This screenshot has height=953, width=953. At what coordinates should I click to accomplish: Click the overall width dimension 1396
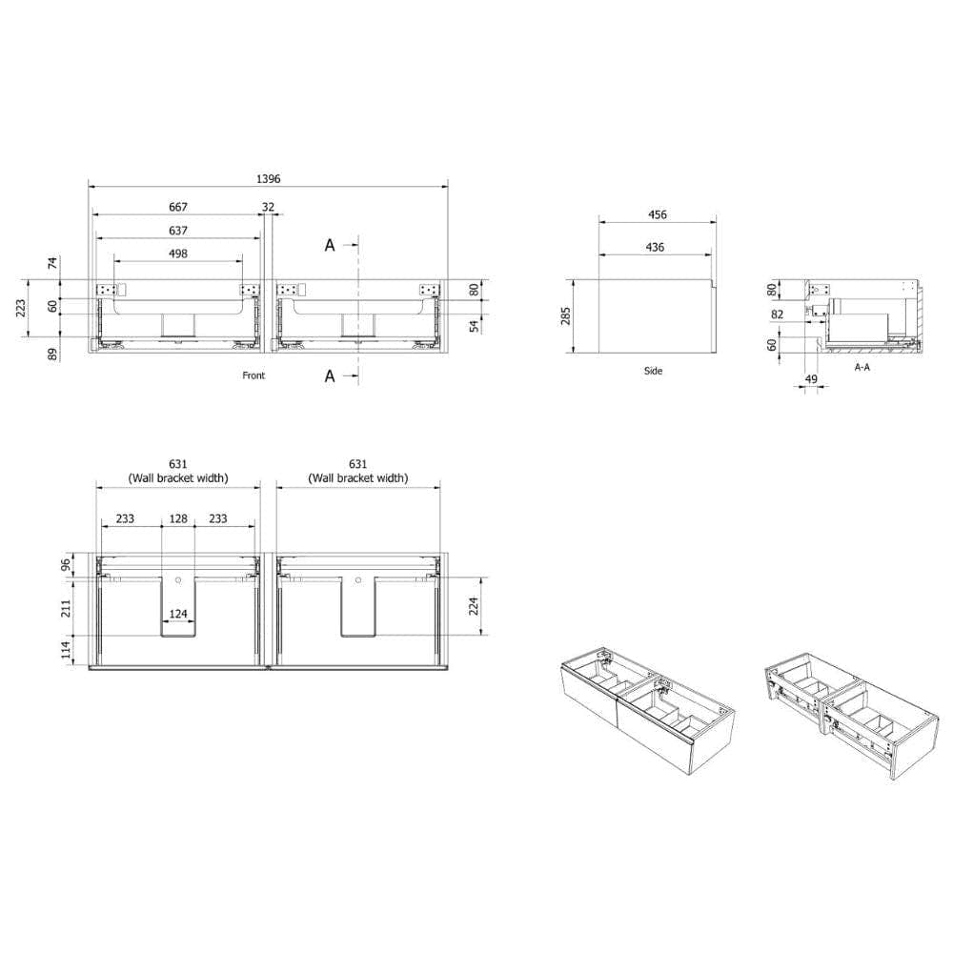click(x=268, y=179)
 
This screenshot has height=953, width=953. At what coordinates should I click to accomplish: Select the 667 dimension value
click(x=178, y=207)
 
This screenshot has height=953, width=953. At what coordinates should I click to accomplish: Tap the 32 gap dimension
click(x=268, y=207)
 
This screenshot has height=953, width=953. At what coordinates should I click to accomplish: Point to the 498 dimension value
click(x=178, y=253)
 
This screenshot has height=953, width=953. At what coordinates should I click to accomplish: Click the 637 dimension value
click(x=178, y=231)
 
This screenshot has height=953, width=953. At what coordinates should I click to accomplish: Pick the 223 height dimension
click(x=21, y=308)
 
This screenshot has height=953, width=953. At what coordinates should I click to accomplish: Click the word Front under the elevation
click(x=253, y=375)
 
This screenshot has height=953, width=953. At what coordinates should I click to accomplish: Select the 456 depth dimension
click(x=658, y=214)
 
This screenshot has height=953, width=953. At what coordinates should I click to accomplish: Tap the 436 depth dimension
click(x=655, y=247)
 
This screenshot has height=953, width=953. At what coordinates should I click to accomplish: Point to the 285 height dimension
click(x=566, y=316)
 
